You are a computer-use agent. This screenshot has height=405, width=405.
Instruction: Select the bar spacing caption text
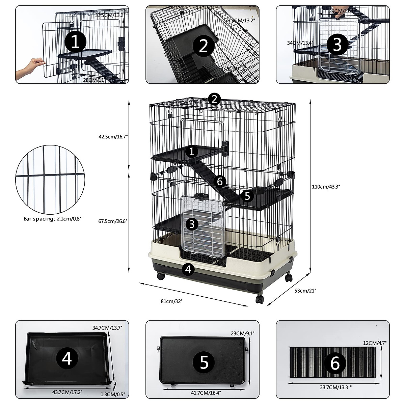(52, 219)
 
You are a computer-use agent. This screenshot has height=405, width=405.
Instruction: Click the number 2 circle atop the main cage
(214, 99)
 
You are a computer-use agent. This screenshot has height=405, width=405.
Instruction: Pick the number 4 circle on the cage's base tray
(188, 269)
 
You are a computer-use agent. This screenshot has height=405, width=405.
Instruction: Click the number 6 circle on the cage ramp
(220, 182)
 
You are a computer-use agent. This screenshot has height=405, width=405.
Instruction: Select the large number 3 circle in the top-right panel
(337, 44)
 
